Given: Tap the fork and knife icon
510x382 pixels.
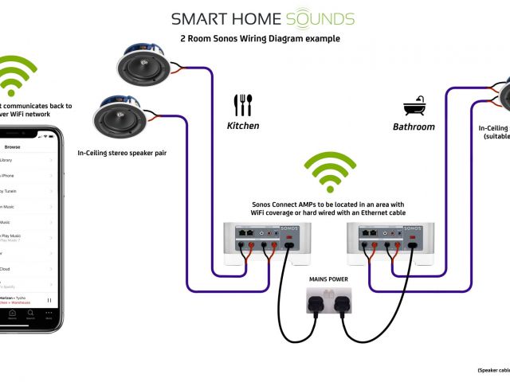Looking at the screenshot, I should pos(243,105).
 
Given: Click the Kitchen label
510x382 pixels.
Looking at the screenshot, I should pos(243,126).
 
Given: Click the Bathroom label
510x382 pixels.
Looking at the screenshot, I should pos(414,127).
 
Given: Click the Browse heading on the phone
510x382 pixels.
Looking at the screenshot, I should pos(13,147).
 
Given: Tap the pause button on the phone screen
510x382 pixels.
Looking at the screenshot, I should pos(50,300).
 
